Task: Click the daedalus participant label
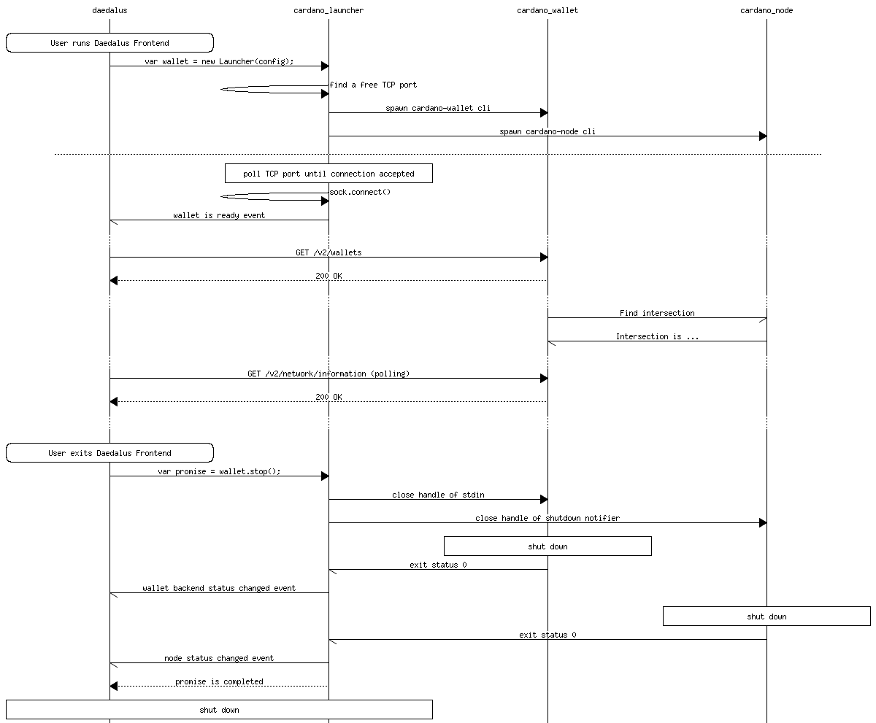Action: point(109,10)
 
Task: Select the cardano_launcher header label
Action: point(328,10)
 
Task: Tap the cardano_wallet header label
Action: point(547,10)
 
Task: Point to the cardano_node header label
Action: point(766,10)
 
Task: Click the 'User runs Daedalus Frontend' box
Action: point(109,43)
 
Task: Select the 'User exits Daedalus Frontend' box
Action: point(109,453)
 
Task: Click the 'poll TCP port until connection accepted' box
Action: point(328,174)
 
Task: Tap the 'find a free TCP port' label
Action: point(373,85)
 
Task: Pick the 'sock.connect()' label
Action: point(360,192)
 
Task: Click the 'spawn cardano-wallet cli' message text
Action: point(438,108)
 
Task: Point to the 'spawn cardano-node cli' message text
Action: point(547,131)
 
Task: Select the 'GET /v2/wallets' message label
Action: point(328,252)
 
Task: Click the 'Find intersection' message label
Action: point(657,313)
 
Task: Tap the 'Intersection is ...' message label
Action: point(657,336)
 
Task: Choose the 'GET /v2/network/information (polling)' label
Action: point(328,374)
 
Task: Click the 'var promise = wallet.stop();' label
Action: point(219,471)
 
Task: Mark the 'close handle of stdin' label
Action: point(438,495)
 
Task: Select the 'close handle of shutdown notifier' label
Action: point(547,518)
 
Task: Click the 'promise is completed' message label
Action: point(219,681)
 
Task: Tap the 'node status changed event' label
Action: point(219,658)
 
